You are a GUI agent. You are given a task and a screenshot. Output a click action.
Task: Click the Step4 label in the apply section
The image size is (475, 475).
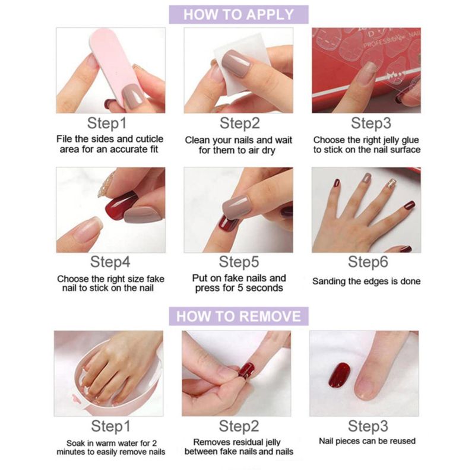[110, 262]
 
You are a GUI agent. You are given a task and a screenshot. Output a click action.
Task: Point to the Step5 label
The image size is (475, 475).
[239, 262]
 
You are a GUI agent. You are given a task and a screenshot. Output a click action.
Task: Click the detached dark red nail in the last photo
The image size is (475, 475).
[340, 375]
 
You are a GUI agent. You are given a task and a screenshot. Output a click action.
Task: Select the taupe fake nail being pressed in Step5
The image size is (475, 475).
[236, 206]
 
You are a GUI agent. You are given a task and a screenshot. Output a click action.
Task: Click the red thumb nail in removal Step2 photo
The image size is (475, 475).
[246, 370]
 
